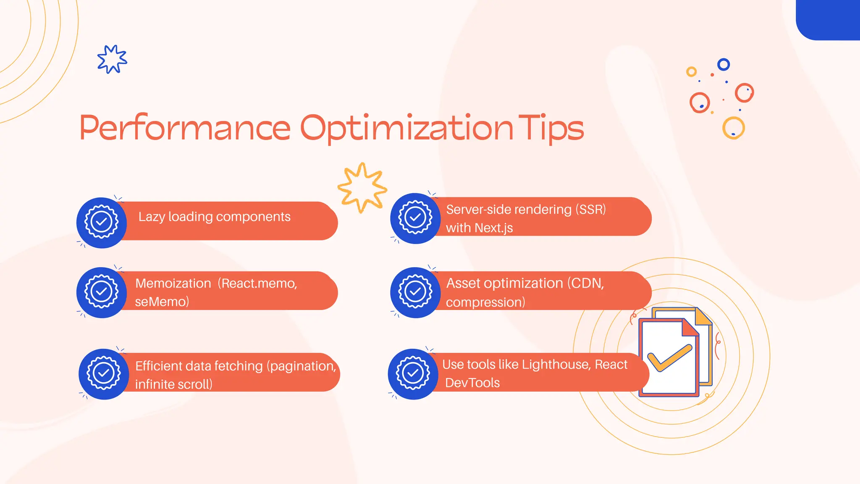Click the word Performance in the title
pos(185,128)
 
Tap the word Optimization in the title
pos(406,128)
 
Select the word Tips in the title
pos(551,128)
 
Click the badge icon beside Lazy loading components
pos(102,222)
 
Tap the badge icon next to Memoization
pos(102,292)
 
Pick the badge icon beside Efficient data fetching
pos(104,374)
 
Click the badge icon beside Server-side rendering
pos(415,218)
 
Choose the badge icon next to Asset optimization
pos(415,292)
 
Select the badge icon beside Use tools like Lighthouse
pos(413,374)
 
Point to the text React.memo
pos(259,284)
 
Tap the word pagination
pos(303,366)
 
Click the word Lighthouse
pos(556,364)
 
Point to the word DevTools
pos(472,383)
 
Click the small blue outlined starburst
pos(112,59)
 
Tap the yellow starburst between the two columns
pos(362,187)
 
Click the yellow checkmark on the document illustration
pos(669,358)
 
